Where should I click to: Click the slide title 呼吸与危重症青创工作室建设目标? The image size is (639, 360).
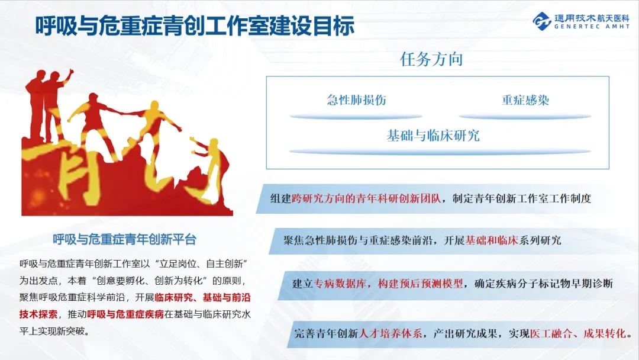coord(195,26)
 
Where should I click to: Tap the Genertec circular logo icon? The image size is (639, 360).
coord(542,21)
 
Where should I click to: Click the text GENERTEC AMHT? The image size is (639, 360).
coord(592,27)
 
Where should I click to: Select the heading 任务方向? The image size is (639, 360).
coord(431,59)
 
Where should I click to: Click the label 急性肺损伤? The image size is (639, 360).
coord(357,100)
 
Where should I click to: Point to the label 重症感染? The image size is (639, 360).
coord(525,100)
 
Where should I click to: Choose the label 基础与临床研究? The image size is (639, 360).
coord(433,136)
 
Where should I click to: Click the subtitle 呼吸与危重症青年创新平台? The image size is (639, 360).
coord(125,239)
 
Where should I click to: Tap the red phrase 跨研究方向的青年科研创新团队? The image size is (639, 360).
coord(366,198)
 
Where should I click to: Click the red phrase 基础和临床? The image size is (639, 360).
coord(492,240)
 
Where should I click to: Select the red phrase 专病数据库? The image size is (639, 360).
coord(340,284)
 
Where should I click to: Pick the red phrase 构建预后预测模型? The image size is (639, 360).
coord(420,284)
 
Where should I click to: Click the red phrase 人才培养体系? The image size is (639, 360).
coord(390,333)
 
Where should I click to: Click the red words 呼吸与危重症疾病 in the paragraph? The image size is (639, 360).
coord(125,314)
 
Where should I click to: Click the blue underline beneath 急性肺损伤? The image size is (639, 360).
coord(356,117)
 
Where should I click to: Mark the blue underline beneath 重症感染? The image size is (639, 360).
coord(525,117)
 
